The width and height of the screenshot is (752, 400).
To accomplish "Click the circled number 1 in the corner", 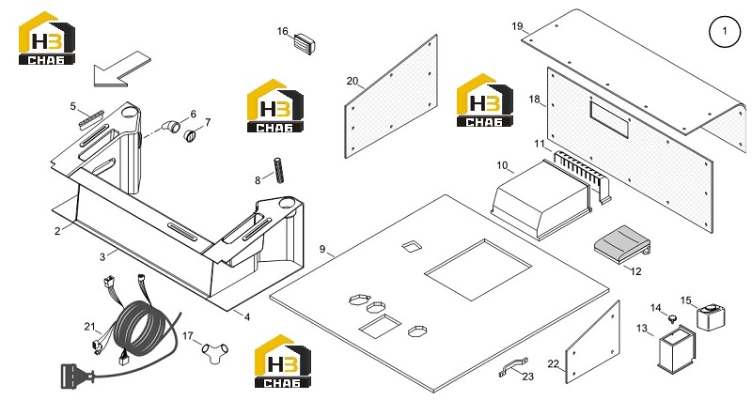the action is click(724, 31).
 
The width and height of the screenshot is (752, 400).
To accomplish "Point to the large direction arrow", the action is click(121, 69).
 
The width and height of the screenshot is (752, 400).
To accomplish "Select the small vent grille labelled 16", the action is click(305, 42).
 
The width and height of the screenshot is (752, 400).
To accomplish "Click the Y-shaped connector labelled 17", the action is click(215, 352).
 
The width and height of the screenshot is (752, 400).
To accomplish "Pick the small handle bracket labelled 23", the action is click(512, 366).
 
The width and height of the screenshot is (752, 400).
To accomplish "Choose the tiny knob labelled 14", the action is click(672, 318).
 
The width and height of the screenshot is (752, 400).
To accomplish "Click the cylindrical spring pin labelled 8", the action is click(278, 170).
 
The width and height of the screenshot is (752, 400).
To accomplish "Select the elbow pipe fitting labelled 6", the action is click(171, 128).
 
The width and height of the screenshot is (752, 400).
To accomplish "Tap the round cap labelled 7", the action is click(191, 136).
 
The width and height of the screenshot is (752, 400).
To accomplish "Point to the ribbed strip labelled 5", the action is click(91, 119).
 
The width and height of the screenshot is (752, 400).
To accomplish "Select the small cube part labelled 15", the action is click(711, 316).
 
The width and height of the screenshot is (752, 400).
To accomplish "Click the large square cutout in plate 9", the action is click(478, 269).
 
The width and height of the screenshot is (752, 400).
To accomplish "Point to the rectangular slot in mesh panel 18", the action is click(609, 119).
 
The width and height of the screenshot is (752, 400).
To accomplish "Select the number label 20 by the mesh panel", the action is click(352, 81).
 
